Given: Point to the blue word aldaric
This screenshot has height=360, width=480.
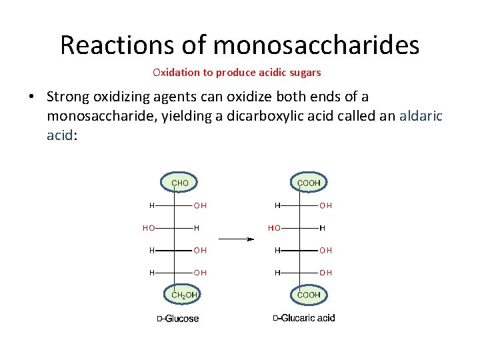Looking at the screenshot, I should click(421, 116).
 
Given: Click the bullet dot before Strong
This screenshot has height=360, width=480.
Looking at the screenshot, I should click(32, 97).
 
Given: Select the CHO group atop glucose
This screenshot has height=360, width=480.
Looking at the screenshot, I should click(180, 182).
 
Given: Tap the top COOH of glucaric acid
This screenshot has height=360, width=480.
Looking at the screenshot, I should click(309, 182).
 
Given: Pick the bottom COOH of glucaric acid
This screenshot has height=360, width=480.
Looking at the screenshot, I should click(309, 294).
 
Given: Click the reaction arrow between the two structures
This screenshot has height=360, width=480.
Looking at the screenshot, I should click(237, 239).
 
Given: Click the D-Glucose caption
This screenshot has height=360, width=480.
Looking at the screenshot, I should click(178, 319).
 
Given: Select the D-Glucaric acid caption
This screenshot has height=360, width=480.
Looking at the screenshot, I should click(304, 318).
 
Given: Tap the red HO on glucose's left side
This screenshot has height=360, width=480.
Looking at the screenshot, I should click(148, 228).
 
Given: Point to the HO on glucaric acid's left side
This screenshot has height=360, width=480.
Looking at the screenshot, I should click(274, 228).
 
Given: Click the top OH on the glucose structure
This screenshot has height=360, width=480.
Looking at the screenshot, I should click(200, 205).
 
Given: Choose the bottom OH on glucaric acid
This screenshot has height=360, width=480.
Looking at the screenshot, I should click(325, 273).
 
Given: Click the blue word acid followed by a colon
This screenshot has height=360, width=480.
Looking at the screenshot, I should click(61, 135).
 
